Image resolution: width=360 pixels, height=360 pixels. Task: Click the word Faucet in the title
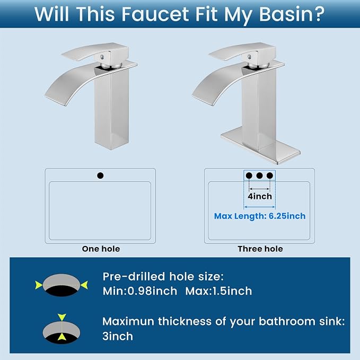pos(155,14)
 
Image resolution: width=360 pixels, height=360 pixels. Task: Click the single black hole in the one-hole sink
pos(100,175)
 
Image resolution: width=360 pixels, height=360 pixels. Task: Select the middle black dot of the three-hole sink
pos(259,175)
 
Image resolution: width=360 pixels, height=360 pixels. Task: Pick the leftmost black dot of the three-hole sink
pos(249,175)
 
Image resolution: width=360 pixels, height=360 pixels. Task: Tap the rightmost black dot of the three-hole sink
pos(270,175)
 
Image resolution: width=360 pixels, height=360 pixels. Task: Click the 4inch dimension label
pos(260,196)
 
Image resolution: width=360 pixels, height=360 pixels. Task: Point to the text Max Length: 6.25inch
pos(260,216)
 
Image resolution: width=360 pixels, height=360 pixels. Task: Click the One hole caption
pos(101,249)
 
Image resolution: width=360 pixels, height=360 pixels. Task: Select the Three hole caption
pos(260,249)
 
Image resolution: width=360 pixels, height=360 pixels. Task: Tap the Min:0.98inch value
pos(140,291)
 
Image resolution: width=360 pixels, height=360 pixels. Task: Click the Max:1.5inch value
pos(218,291)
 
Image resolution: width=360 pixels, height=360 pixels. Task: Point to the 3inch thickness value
pos(118,336)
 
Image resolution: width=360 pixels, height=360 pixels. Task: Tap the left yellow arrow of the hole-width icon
pos(39,285)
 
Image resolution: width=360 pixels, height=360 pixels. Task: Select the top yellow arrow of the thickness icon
pos(62,317)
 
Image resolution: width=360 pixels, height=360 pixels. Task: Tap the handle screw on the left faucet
pos(102,57)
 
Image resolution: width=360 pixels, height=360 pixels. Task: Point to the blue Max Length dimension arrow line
pos(259,207)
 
